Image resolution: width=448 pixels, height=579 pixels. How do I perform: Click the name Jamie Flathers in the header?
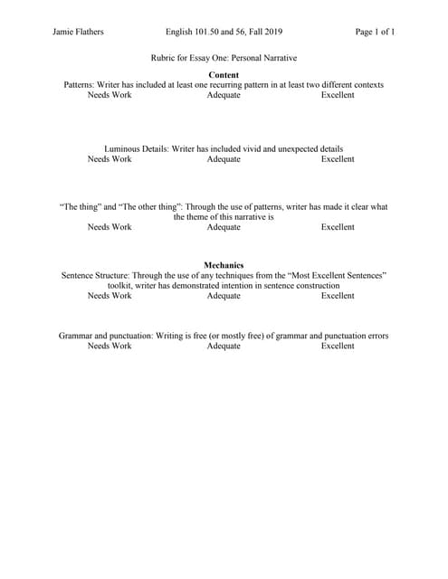click(x=79, y=33)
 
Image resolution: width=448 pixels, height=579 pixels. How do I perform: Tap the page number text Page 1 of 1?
click(x=375, y=33)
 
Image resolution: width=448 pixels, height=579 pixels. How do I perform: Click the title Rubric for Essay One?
click(x=224, y=57)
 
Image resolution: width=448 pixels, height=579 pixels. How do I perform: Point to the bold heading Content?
click(x=224, y=74)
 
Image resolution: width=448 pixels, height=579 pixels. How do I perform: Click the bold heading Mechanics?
click(x=224, y=264)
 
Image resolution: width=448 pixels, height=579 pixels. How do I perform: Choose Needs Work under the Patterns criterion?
click(x=110, y=95)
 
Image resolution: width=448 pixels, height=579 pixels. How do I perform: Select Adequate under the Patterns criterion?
click(x=224, y=95)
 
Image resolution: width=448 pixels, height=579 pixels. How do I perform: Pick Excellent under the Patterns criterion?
click(x=338, y=95)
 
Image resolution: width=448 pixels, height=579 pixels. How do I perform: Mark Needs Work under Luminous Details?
click(x=110, y=159)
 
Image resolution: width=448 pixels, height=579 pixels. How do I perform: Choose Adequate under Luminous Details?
click(x=224, y=159)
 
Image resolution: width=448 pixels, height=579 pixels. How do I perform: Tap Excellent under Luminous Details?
click(x=338, y=159)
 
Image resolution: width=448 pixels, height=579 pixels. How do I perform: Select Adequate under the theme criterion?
click(x=224, y=227)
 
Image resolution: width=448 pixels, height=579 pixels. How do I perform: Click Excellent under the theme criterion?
click(x=338, y=227)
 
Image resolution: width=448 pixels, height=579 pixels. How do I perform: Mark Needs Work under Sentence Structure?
click(x=110, y=295)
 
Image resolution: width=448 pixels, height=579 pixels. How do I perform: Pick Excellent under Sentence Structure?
click(x=338, y=295)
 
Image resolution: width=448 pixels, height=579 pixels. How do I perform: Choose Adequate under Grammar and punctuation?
click(x=224, y=346)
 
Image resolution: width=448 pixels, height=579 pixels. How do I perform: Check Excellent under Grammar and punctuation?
click(x=338, y=346)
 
